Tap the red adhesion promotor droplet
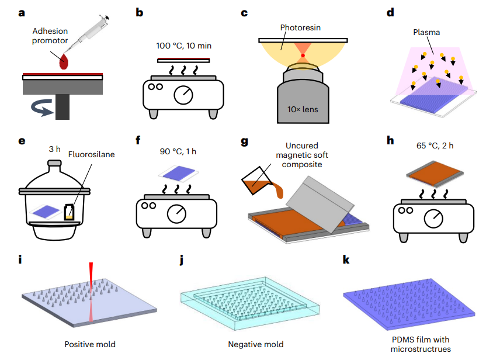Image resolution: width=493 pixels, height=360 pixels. click(64, 61)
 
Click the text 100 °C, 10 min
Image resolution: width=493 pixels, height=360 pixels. click(183, 46)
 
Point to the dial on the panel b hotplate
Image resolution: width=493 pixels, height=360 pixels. click(186, 93)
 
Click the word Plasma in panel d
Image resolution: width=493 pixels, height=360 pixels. click(430, 33)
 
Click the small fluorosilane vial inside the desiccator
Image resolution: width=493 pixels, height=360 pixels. click(71, 212)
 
